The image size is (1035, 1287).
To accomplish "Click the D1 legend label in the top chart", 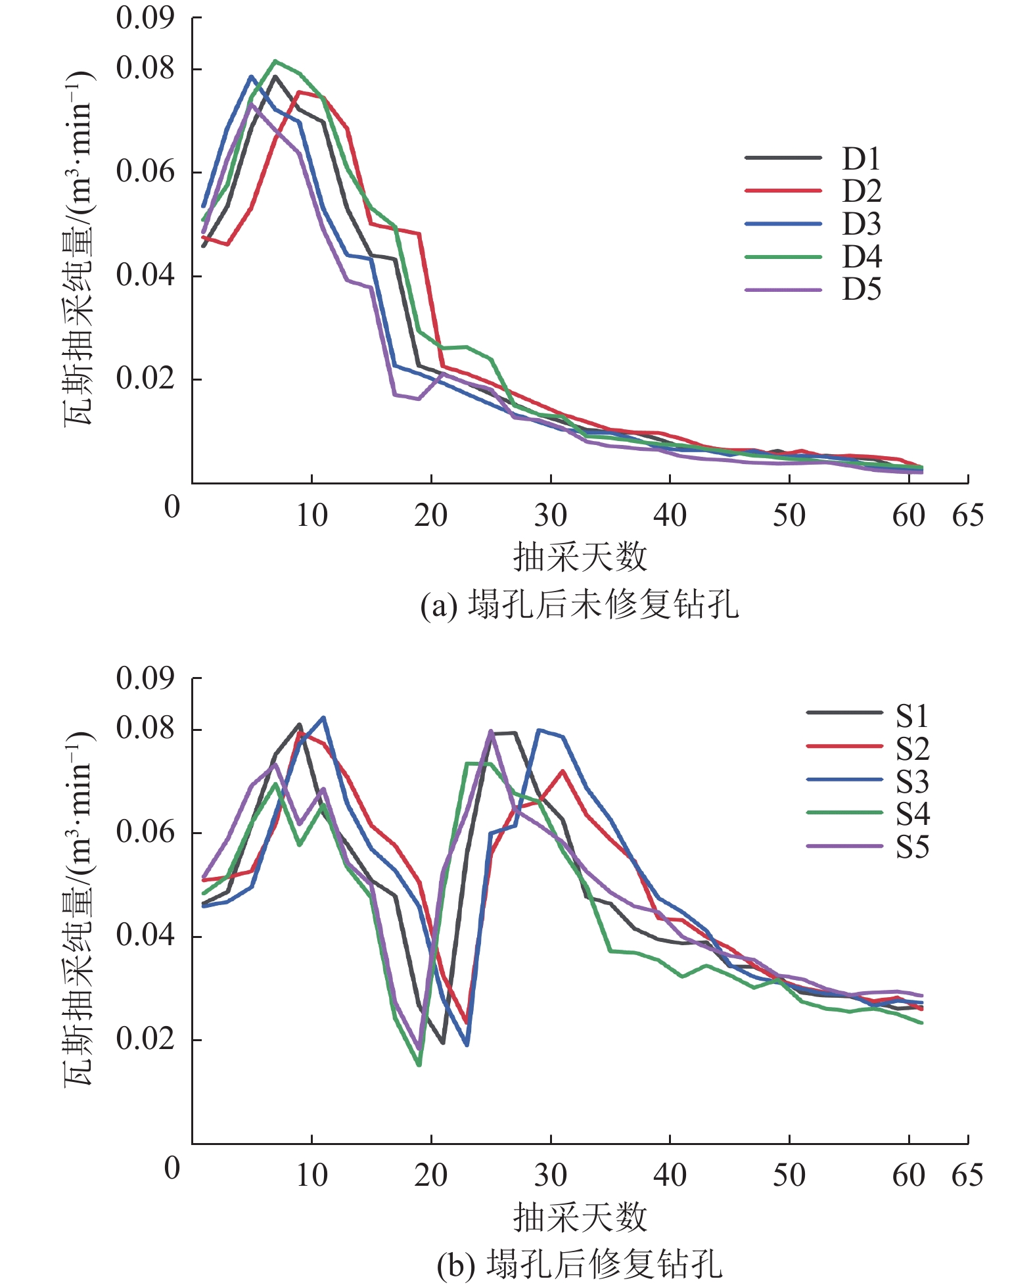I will click(861, 158).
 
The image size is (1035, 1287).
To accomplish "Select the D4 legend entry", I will click(862, 257).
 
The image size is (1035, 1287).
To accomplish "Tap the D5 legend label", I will click(862, 290).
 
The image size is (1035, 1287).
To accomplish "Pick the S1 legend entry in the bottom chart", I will click(912, 716).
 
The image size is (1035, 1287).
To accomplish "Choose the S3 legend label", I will click(912, 782).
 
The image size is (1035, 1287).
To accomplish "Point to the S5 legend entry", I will click(912, 847).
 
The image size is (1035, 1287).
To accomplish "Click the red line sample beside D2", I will click(783, 191).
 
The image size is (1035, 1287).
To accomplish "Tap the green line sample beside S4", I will click(844, 813).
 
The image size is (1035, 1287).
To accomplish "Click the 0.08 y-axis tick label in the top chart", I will click(145, 68).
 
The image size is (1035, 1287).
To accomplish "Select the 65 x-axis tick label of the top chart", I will click(967, 516).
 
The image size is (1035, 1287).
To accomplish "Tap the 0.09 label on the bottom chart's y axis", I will click(145, 678).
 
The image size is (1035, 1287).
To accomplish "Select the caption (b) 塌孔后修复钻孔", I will click(580, 1263).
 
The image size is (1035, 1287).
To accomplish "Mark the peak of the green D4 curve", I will click(275, 61).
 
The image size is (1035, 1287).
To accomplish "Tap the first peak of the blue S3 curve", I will click(323, 718).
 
